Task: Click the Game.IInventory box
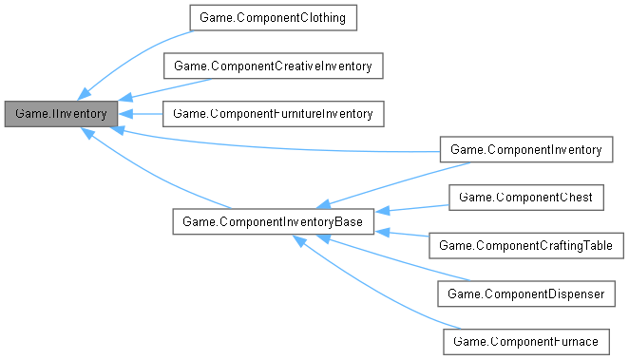pyautogui.click(x=62, y=113)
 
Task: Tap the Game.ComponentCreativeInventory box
pyautogui.click(x=274, y=66)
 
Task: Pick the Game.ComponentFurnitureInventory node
pyautogui.click(x=274, y=113)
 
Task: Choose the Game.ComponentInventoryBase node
pyautogui.click(x=274, y=221)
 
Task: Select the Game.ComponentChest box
pyautogui.click(x=525, y=197)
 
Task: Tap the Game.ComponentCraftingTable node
pyautogui.click(x=526, y=245)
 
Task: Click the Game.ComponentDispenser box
pyautogui.click(x=525, y=294)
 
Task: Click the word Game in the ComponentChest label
pyautogui.click(x=475, y=197)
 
